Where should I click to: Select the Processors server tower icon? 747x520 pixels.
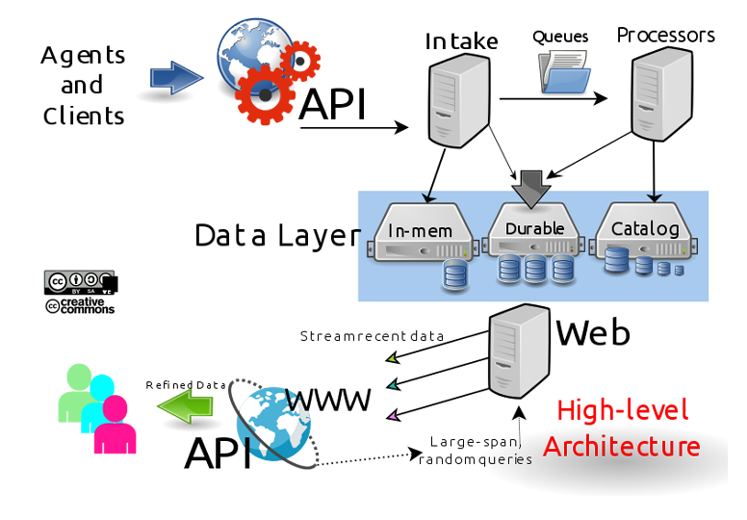[662, 95]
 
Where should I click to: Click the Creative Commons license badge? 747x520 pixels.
[80, 292]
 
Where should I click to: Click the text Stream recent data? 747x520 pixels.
[372, 336]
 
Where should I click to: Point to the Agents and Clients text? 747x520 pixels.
[83, 85]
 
